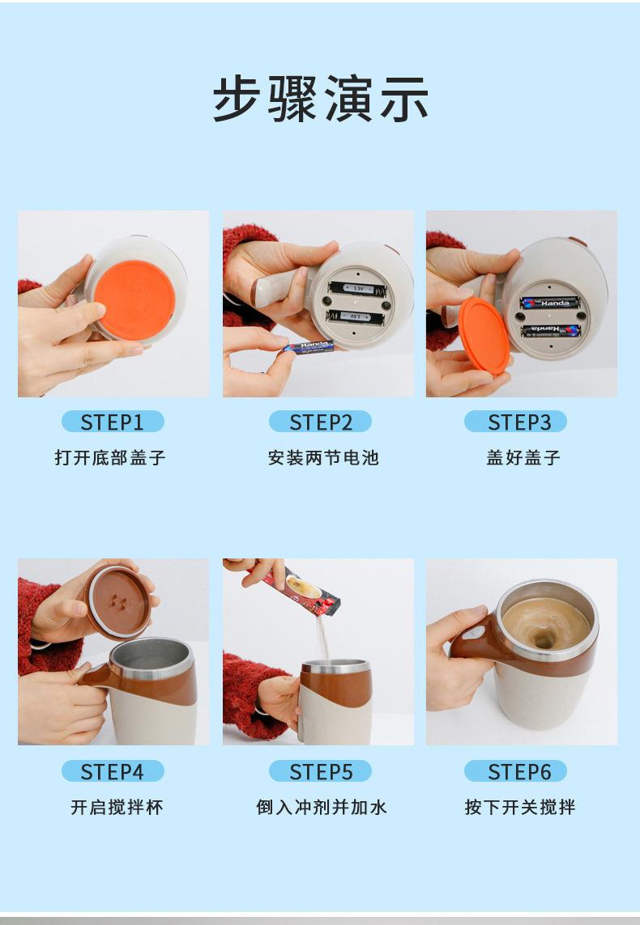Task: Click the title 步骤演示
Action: tap(320, 99)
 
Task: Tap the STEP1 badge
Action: tap(113, 422)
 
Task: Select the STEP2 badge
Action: tap(320, 422)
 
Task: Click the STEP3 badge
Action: tap(515, 422)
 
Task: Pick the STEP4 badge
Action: tap(113, 771)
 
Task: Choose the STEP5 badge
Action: tap(320, 771)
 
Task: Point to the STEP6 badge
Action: tap(515, 771)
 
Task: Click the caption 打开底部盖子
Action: tap(110, 457)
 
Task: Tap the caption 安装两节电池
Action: tap(323, 457)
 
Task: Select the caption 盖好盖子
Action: tap(523, 457)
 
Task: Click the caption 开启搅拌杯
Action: tap(117, 806)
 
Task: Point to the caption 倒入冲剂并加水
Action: tap(321, 806)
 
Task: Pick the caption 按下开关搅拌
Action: tap(519, 806)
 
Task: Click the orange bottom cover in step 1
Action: tap(134, 300)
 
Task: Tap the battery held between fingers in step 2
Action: tap(308, 347)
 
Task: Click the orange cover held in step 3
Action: tap(484, 335)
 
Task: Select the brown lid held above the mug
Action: tap(118, 602)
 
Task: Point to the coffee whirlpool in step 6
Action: tap(544, 627)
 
